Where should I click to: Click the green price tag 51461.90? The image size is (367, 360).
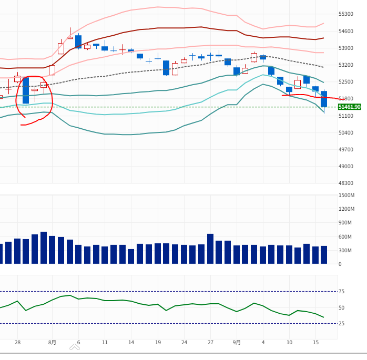tap(350, 107)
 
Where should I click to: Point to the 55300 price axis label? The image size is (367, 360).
tap(345, 14)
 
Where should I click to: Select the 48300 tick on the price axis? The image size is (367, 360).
tap(345, 183)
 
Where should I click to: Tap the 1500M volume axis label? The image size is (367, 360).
tap(346, 196)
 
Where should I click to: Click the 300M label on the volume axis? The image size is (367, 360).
tap(345, 251)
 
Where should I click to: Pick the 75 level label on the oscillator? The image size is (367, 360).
tap(341, 292)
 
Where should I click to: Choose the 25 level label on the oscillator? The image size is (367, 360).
tap(341, 324)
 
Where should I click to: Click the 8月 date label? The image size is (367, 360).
tap(52, 343)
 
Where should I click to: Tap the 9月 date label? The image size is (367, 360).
tap(237, 343)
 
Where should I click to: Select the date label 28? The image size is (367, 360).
tap(17, 343)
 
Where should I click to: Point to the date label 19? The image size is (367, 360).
tap(158, 343)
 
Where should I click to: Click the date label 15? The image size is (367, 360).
tap(316, 343)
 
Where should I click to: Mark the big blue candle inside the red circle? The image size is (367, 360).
tap(26, 90)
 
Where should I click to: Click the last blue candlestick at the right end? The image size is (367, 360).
tap(324, 99)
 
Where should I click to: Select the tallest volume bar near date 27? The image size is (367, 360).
tap(210, 249)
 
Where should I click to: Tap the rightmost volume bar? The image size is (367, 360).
tap(324, 255)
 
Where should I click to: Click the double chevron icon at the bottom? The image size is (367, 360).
tap(75, 347)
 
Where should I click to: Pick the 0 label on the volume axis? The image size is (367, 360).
tap(340, 264)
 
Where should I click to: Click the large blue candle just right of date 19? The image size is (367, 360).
tap(166, 68)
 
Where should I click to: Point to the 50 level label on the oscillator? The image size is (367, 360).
tap(341, 308)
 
